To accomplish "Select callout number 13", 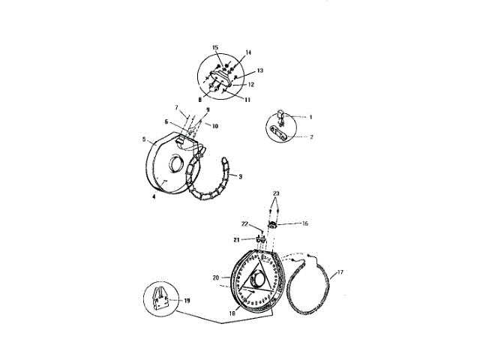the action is click(x=260, y=70).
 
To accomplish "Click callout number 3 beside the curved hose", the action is click(x=241, y=176).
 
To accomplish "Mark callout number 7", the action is click(x=177, y=108).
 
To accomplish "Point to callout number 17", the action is click(x=340, y=272).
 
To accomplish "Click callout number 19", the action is click(x=187, y=301).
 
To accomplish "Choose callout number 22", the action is click(x=244, y=224).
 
